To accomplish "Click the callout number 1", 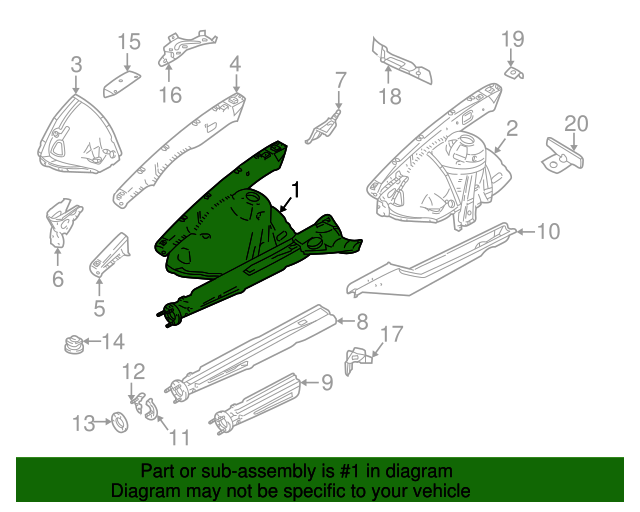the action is tap(296, 188).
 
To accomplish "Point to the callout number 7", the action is tap(340, 79).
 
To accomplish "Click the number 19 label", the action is tap(512, 39).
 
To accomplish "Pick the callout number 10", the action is tap(548, 232).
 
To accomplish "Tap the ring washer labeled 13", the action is tap(116, 422).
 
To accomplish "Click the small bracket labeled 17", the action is tap(356, 358).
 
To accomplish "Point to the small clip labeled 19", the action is tap(515, 72).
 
